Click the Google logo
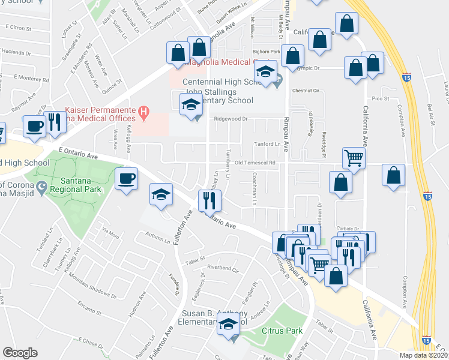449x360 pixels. (x=20, y=353)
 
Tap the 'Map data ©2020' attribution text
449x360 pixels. (x=423, y=355)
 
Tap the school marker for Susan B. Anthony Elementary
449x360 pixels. (x=228, y=328)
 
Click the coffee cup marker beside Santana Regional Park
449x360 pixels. (x=127, y=179)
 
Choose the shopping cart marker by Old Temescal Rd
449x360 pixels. (x=354, y=159)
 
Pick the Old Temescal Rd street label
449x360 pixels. (x=255, y=163)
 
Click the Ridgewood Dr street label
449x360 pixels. (x=231, y=119)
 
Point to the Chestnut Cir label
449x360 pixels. (x=304, y=91)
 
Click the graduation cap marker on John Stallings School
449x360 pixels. (x=190, y=106)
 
